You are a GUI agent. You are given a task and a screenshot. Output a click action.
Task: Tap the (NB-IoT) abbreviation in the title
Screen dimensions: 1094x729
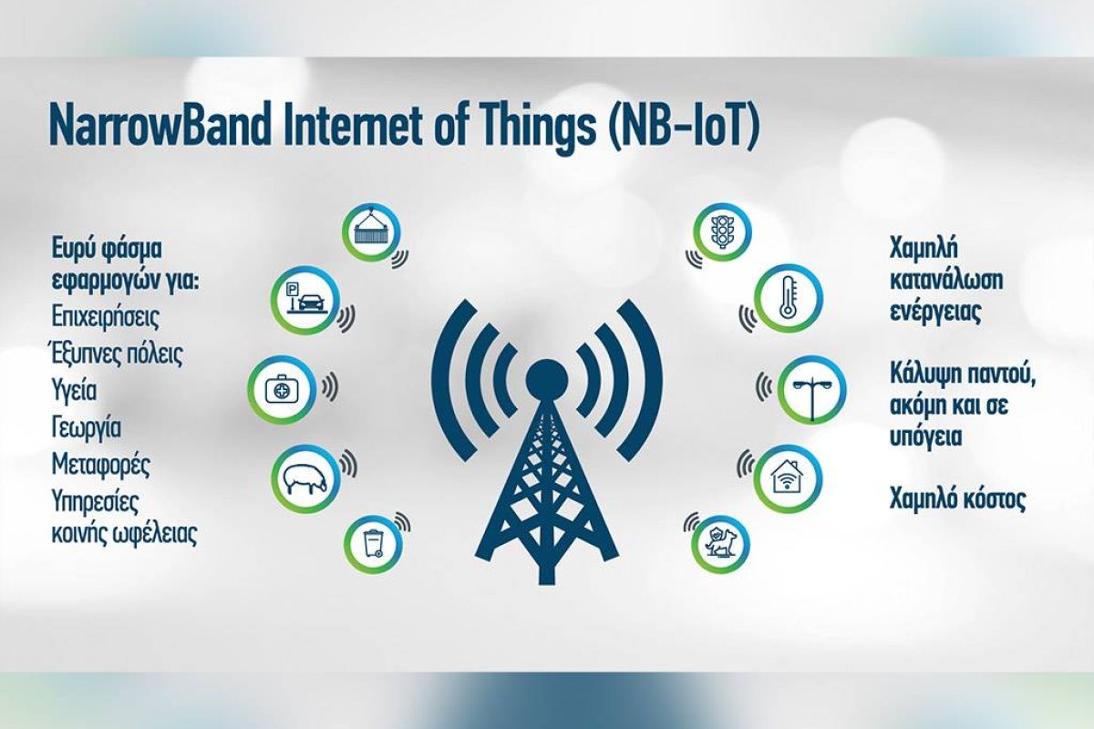(683, 126)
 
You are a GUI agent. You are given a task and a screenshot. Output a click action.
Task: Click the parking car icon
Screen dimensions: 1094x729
(305, 299)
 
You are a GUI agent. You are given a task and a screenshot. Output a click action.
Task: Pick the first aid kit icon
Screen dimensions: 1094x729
(282, 389)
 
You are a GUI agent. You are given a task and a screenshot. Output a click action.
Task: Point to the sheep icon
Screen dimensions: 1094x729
(305, 478)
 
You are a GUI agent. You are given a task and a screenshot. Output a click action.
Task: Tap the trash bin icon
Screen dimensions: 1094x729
(373, 544)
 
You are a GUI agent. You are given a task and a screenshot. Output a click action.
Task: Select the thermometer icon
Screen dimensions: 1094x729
(788, 298)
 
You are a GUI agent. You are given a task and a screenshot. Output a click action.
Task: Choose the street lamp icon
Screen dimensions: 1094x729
(811, 389)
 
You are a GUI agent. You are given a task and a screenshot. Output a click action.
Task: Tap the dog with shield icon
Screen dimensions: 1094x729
(720, 543)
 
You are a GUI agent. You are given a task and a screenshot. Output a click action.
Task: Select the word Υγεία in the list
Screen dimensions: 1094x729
(74, 391)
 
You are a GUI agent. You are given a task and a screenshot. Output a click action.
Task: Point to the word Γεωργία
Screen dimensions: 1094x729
(87, 428)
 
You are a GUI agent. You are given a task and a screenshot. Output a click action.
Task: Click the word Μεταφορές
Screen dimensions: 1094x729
(100, 464)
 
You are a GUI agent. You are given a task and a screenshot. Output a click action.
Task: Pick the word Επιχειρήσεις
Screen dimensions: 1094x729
(106, 317)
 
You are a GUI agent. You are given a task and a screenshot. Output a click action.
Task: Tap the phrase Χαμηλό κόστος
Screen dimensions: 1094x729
(957, 498)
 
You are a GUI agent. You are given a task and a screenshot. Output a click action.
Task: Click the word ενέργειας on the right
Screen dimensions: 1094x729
(934, 313)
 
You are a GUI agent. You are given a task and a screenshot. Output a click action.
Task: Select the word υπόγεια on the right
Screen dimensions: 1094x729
(925, 436)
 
